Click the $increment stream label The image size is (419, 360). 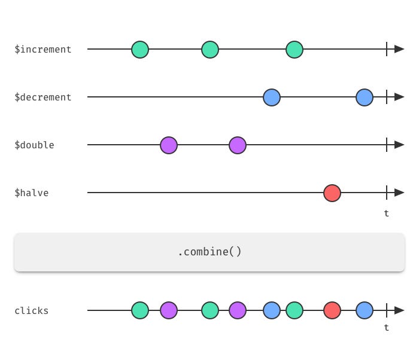43,50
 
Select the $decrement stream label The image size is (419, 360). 43,97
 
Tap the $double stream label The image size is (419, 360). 34,145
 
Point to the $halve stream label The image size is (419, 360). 32,193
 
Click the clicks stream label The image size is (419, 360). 32,311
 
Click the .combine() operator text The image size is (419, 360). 209,252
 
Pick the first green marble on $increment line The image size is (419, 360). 140,50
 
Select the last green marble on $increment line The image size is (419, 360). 294,50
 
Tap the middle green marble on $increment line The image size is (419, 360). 210,50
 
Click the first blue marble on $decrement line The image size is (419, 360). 272,97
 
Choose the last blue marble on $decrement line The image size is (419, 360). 365,97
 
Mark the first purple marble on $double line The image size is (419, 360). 169,145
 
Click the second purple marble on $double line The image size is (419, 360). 238,145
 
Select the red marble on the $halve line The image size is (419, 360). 332,193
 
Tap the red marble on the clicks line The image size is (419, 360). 332,310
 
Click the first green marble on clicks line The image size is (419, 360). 140,310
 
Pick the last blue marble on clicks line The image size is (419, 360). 365,310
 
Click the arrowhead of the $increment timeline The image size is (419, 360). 399,49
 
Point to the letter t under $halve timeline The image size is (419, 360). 387,213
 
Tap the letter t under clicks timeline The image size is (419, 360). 387,328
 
